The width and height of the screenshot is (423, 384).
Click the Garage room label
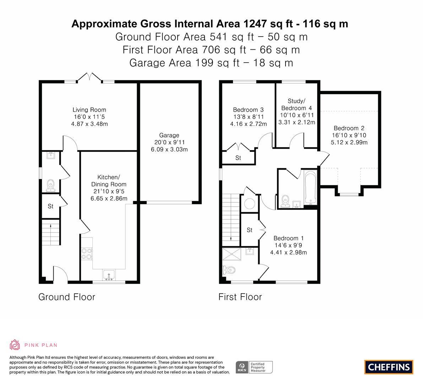169,135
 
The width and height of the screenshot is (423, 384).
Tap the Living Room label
89,110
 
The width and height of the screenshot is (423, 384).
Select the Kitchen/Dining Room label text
109,181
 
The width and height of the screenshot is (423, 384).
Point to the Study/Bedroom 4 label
297,105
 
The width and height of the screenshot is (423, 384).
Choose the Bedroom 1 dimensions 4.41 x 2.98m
288,252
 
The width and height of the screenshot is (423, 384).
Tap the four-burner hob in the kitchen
87,254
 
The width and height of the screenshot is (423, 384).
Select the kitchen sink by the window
109,275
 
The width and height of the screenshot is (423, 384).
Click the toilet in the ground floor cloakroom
50,186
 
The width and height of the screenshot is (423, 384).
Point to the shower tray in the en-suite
232,254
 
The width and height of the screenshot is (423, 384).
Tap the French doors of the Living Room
90,77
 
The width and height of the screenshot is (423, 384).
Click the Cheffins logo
389,367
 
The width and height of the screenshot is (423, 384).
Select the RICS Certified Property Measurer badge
254,367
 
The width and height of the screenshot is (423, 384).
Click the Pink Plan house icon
15,345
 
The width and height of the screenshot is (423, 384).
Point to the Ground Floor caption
67,297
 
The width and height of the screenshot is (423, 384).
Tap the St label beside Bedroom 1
250,230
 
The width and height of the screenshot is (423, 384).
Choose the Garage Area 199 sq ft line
211,63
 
